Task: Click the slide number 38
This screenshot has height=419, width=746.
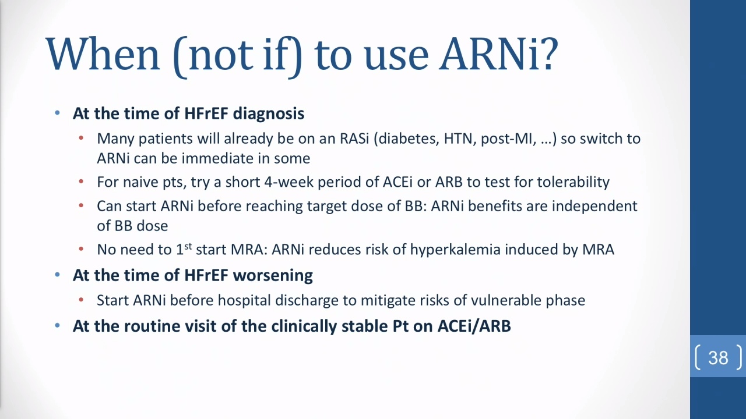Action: pos(719,358)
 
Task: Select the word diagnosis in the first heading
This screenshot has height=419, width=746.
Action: pos(269,113)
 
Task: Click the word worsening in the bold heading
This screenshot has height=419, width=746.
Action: pos(273,275)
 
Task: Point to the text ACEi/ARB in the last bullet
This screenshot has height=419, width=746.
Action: pos(474,326)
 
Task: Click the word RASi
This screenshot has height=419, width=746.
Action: pos(354,139)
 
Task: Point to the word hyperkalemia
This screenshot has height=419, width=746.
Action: pos(455,250)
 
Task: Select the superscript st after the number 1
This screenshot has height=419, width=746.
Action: pos(188,246)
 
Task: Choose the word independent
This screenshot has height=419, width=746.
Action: pos(594,206)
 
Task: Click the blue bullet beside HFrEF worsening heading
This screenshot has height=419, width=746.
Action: pos(57,275)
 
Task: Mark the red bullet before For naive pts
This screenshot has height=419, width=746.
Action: pos(81,182)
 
